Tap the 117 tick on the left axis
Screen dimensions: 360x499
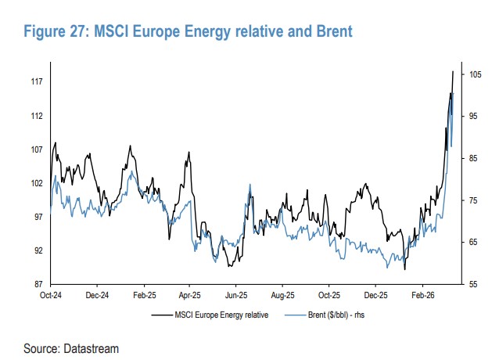[36, 81]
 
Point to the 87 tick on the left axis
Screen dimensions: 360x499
[38, 283]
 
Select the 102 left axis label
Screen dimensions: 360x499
[36, 183]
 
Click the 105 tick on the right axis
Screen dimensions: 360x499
[476, 74]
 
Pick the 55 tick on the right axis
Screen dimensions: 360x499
[474, 283]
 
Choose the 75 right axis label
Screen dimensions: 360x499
[474, 200]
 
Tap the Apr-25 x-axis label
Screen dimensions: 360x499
[190, 296]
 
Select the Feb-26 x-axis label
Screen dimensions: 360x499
[423, 296]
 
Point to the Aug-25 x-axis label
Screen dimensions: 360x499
[283, 296]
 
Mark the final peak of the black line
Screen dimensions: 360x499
[453, 71]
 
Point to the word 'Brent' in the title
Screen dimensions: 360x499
[328, 32]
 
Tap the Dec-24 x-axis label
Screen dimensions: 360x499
[96, 296]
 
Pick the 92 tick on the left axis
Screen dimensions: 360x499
[38, 250]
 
